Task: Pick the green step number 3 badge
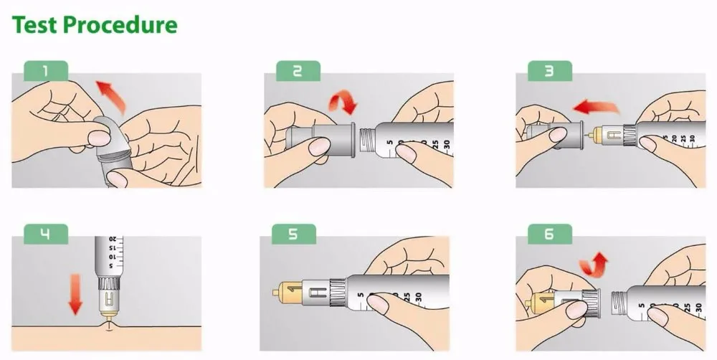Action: [550, 70]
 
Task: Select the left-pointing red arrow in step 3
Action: [594, 108]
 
